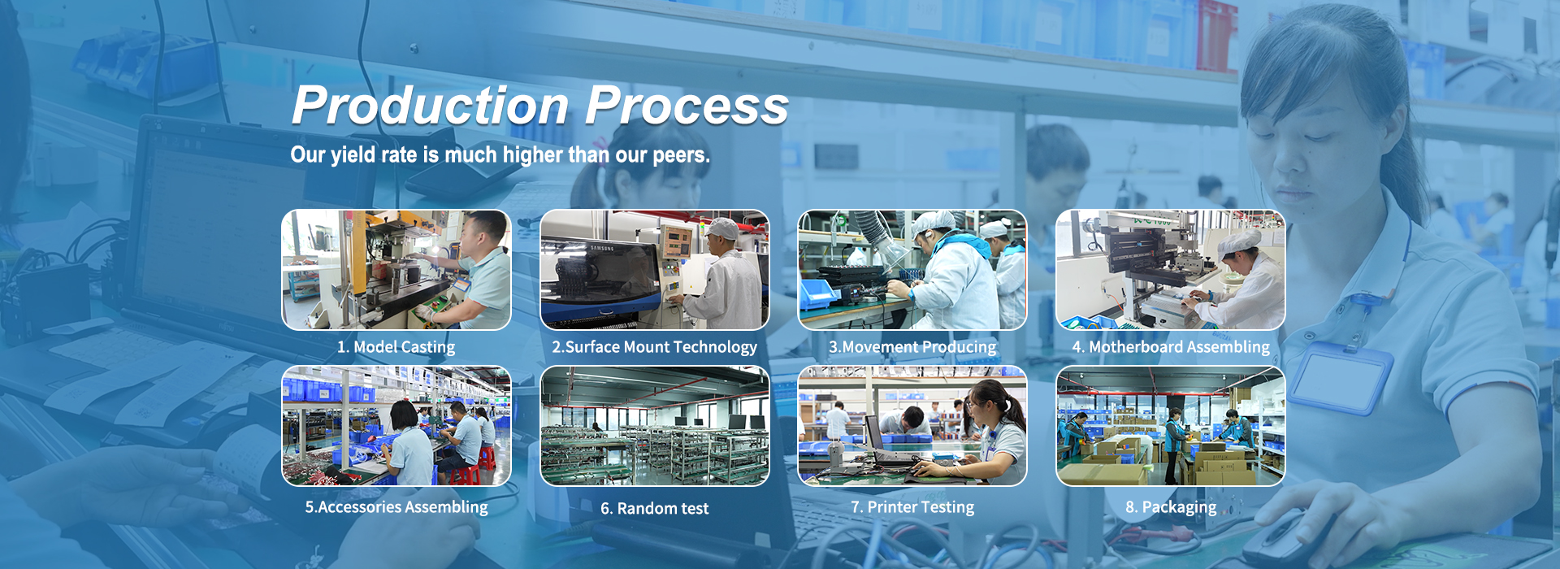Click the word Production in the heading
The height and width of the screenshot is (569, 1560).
tap(431, 106)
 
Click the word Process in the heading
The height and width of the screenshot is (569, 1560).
tap(687, 106)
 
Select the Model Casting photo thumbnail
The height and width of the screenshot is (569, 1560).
tap(396, 270)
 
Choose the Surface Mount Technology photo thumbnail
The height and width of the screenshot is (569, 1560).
tap(655, 270)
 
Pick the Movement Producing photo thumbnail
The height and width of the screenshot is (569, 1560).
tap(912, 270)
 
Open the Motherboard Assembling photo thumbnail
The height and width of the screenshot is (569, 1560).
tap(1171, 270)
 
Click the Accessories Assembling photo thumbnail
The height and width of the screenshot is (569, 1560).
tap(396, 426)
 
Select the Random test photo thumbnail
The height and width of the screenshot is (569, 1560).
tap(655, 426)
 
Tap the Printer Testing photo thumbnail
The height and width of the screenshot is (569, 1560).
tap(912, 426)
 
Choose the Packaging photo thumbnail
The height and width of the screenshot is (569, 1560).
tap(1171, 426)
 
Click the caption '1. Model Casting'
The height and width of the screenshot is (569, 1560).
tap(396, 347)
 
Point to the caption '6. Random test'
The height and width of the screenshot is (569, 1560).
tap(655, 509)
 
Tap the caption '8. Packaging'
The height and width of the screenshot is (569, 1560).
tap(1171, 508)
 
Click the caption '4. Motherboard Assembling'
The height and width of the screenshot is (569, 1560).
tap(1171, 347)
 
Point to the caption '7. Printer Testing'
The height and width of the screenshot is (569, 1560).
tap(912, 508)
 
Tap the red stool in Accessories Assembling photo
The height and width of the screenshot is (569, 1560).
tap(466, 475)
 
